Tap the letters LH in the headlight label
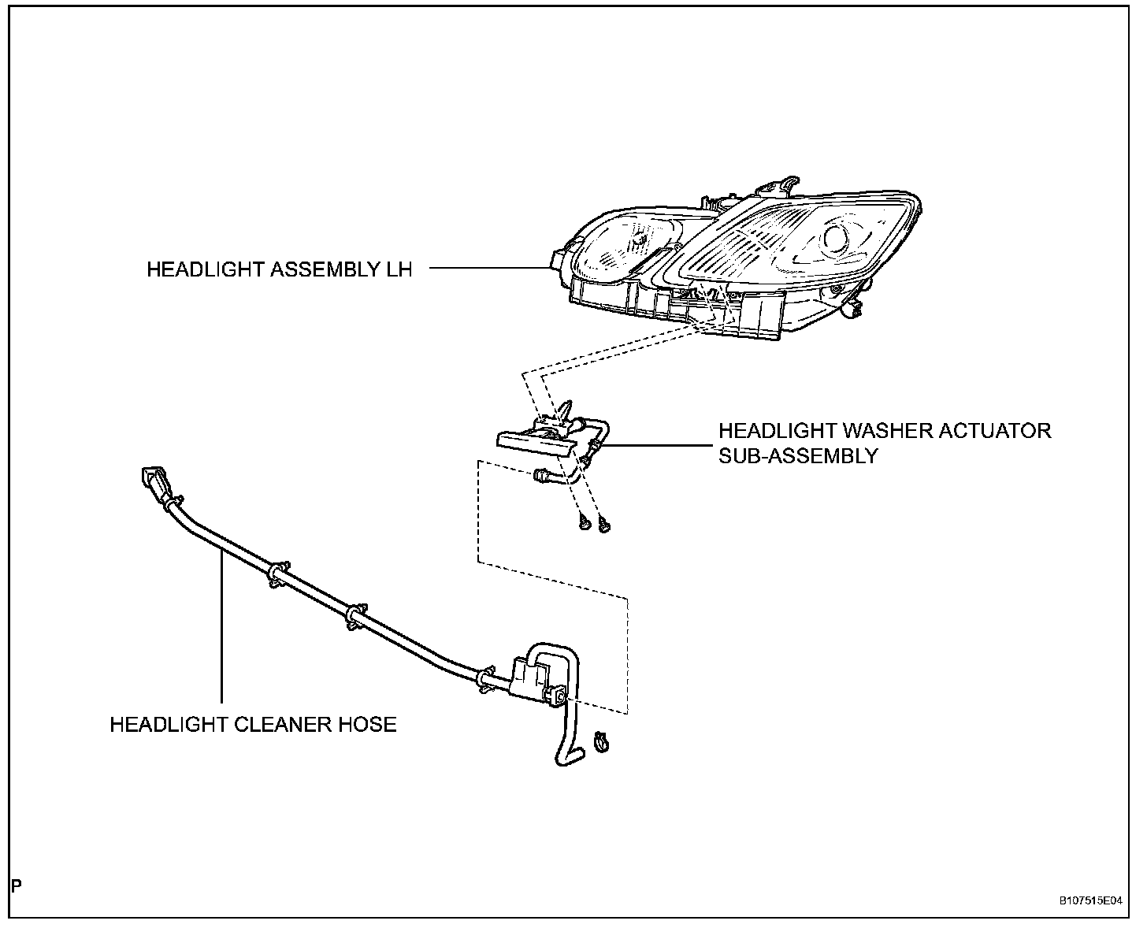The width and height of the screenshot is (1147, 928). coord(399,269)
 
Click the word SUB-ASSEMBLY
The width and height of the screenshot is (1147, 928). coord(797,455)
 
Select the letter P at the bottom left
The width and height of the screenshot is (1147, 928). coord(17,886)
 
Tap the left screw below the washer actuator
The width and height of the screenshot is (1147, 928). coord(584,522)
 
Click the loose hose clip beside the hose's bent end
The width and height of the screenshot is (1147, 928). coord(603,741)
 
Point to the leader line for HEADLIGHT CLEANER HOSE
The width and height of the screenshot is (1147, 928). coord(222,630)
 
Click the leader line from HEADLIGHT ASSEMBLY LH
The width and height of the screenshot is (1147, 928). coord(488,268)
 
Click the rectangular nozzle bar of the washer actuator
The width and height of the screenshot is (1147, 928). coord(532,443)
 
